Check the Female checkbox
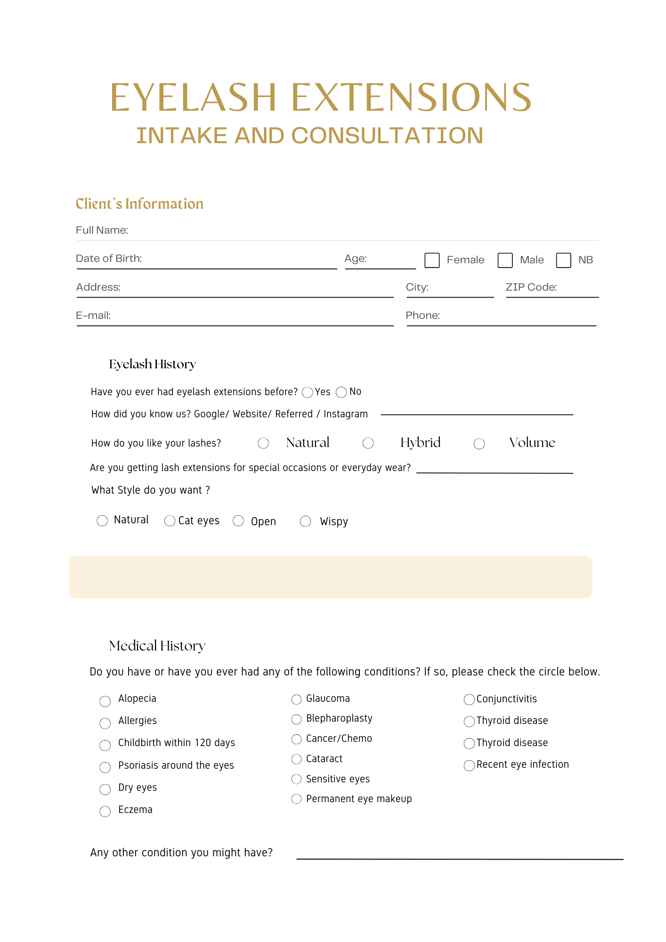coord(432,260)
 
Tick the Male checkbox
coord(505,260)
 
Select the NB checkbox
coord(563,260)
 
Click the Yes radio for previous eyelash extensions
coord(308,392)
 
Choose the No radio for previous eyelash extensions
coord(341,392)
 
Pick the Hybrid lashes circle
coord(368,443)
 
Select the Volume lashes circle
coord(479,444)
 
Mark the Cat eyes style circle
coord(170,521)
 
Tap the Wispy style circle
coord(306,521)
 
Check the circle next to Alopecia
coord(105,701)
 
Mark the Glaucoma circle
coord(296,699)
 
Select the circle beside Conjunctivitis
coord(469,699)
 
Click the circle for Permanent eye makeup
coord(296,799)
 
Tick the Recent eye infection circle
coord(469,765)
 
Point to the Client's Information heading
coord(139,203)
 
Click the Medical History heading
coord(157,646)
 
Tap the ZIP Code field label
coord(531,287)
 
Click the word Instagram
coord(345,414)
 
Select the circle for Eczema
coord(105,811)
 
